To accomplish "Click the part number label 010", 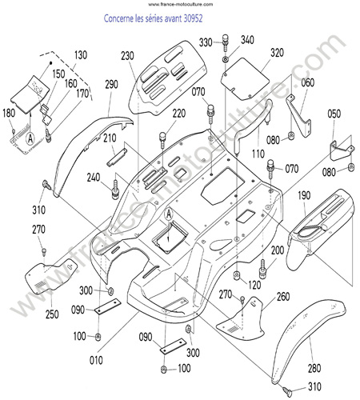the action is click(x=96, y=360).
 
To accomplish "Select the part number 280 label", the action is click(x=314, y=368).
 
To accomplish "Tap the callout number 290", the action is click(x=111, y=84).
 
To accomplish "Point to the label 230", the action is click(x=127, y=56).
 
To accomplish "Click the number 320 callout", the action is click(x=277, y=53).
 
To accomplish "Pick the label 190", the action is click(x=304, y=195).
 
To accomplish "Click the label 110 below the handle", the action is click(x=258, y=154).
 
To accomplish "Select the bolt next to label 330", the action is click(x=226, y=42).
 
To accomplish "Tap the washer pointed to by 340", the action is click(x=226, y=59).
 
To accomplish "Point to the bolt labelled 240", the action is click(x=115, y=190).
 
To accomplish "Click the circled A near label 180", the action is click(x=30, y=138).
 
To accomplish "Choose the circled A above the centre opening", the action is click(x=169, y=214).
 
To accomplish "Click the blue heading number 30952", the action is click(x=193, y=18).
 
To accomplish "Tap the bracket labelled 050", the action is click(x=342, y=151).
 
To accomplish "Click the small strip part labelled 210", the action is click(x=117, y=158).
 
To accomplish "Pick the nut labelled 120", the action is click(x=237, y=275).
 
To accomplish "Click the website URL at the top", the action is click(x=181, y=4).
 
